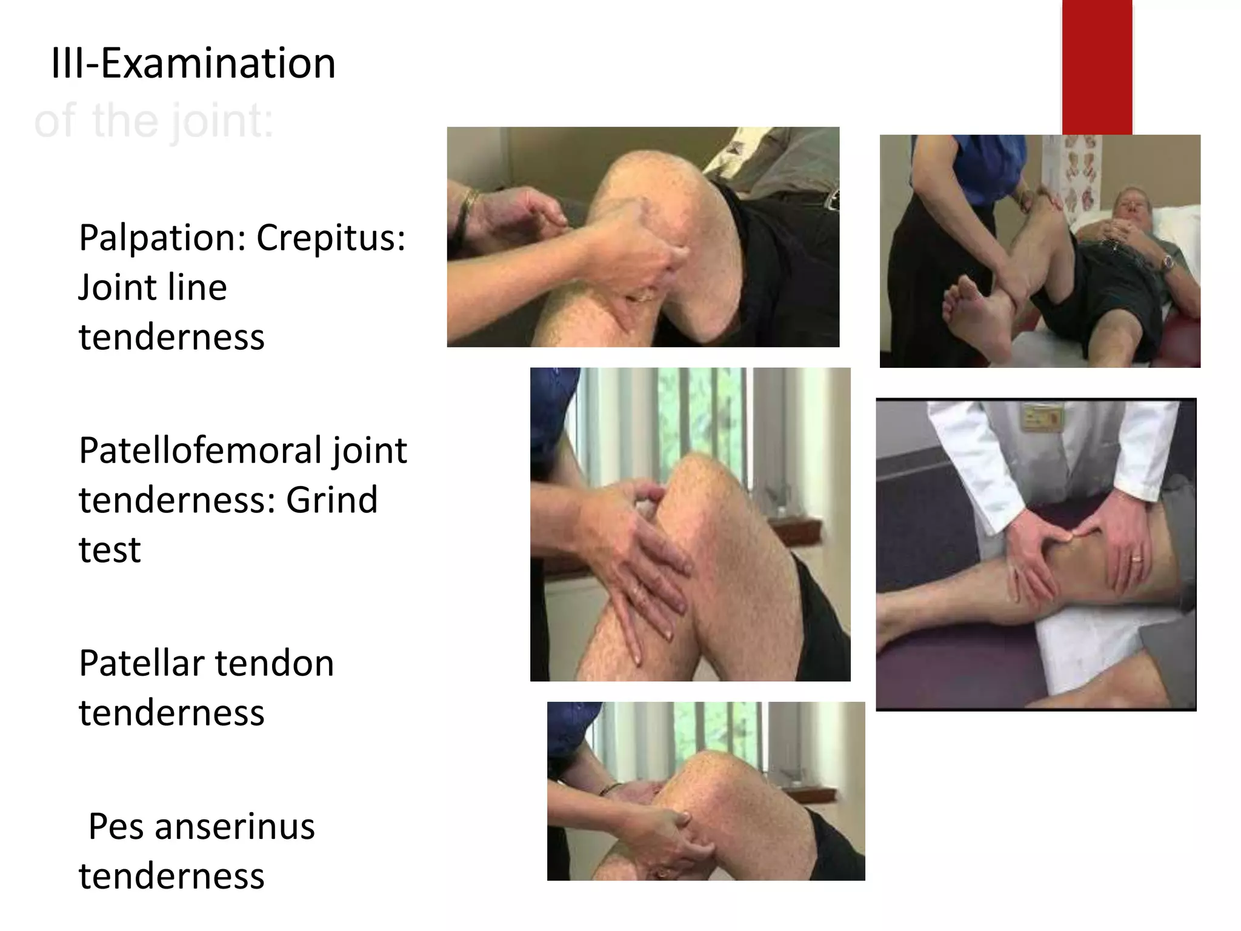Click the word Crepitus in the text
330,238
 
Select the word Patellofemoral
201,451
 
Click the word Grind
331,500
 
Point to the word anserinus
235,827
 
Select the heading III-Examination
193,64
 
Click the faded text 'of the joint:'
155,121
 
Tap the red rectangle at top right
1097,67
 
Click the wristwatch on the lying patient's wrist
1167,262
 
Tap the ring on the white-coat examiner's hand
1137,558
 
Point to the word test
110,550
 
